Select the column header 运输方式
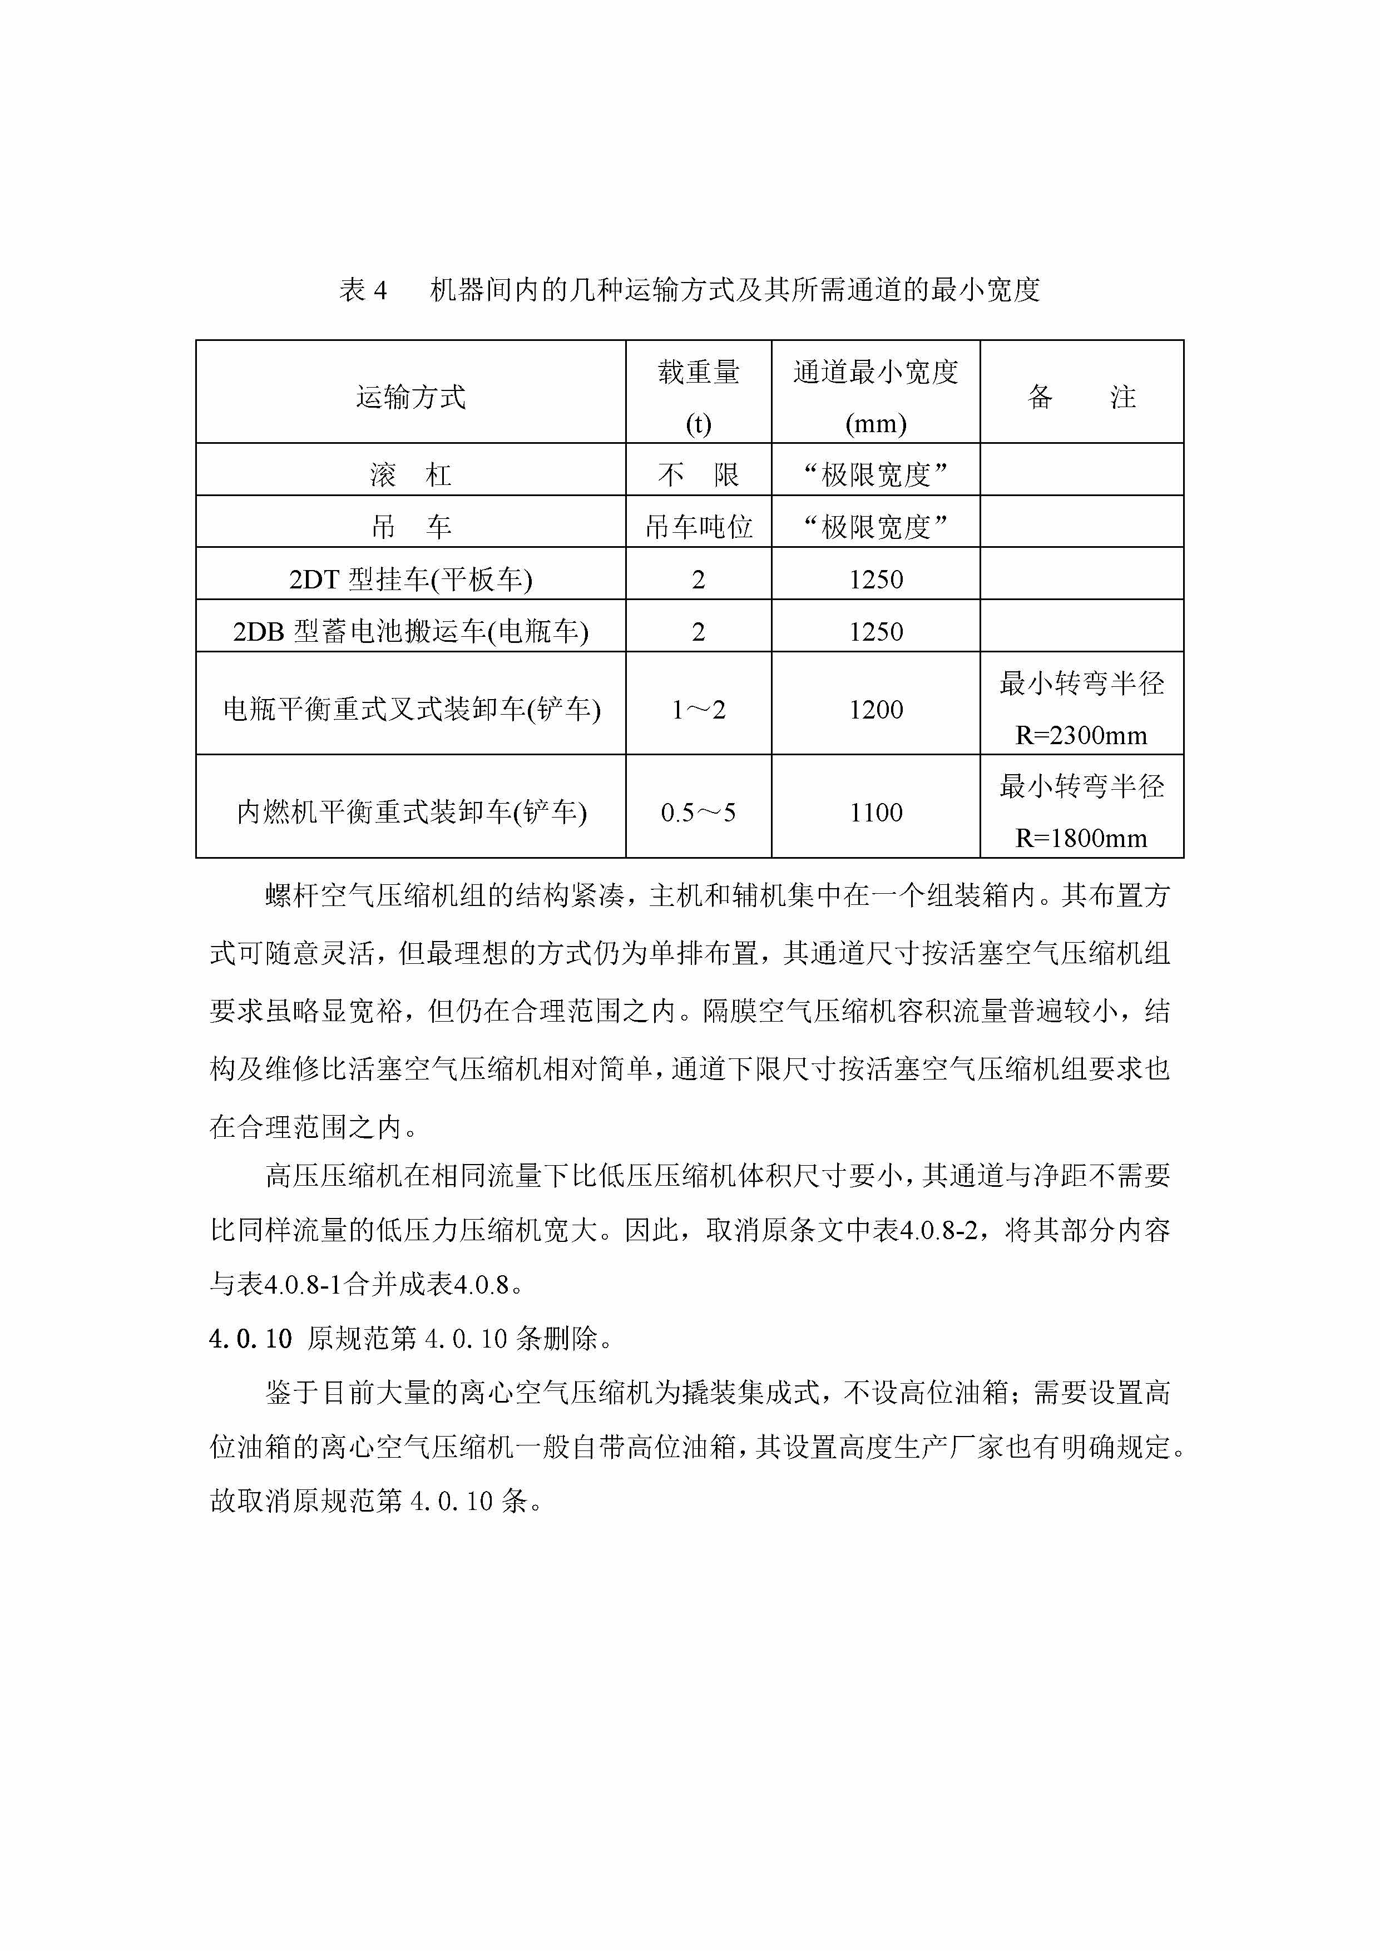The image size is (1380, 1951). pos(410,397)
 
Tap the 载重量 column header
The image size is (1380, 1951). pos(699,372)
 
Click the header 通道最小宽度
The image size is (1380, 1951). pos(876,372)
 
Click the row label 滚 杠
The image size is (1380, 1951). pos(410,475)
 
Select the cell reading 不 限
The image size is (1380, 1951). pos(699,475)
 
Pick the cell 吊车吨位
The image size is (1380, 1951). pos(699,527)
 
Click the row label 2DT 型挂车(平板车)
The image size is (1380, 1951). pos(410,580)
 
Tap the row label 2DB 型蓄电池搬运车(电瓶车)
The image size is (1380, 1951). pos(410,631)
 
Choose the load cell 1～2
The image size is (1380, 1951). pos(699,710)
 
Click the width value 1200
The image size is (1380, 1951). pos(876,710)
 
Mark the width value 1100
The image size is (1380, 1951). pos(876,813)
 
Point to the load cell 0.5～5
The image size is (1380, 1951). pos(699,813)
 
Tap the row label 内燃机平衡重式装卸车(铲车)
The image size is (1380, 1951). pos(410,813)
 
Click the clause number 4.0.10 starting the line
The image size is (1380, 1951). pos(250,1340)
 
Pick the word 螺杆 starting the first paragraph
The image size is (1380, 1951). pos(293,895)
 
